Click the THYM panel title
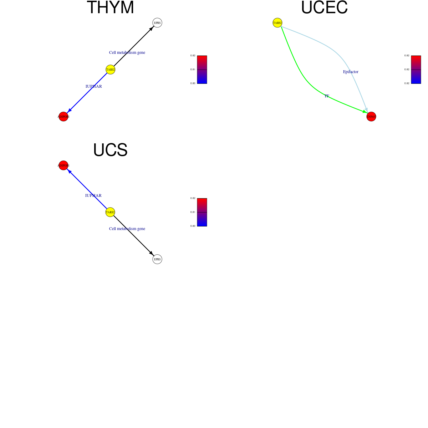click(x=110, y=8)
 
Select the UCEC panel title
click(x=324, y=8)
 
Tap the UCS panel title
click(x=110, y=150)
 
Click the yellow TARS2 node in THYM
click(x=111, y=70)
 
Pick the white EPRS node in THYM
click(x=157, y=23)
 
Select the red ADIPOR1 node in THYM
click(x=63, y=117)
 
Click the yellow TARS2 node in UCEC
click(x=277, y=23)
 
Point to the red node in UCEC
click(x=371, y=117)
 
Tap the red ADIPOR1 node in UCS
click(x=63, y=165)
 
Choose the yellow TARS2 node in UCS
click(x=110, y=212)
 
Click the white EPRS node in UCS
click(x=157, y=259)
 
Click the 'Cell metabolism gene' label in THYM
click(x=127, y=52)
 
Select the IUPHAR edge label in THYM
click(x=94, y=86)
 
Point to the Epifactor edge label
click(x=351, y=72)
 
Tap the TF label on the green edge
click(x=327, y=96)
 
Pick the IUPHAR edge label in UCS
click(x=93, y=195)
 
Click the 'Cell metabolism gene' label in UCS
click(x=127, y=229)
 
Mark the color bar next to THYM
click(x=202, y=70)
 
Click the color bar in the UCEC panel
click(x=416, y=70)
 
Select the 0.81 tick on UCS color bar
click(x=193, y=212)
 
